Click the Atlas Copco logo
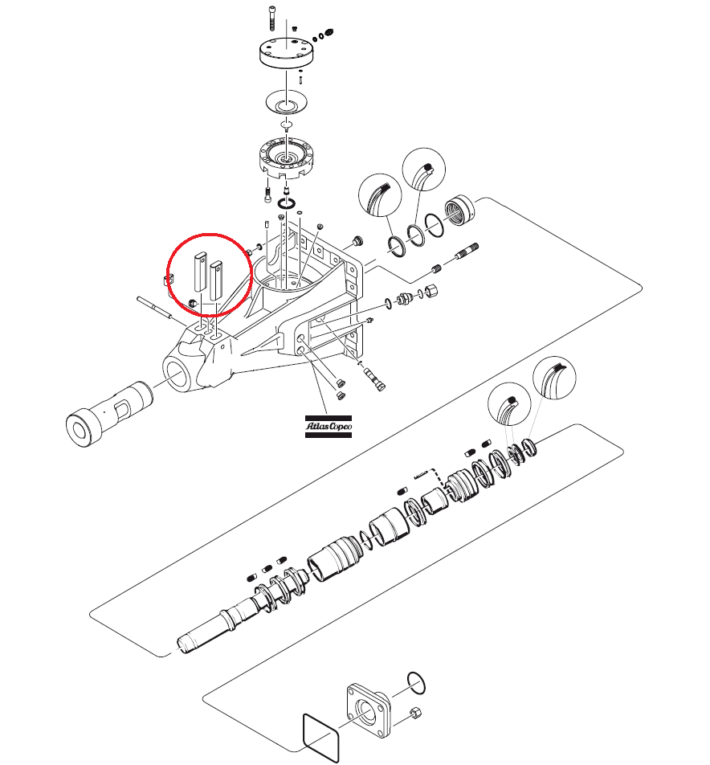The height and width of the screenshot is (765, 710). (x=328, y=427)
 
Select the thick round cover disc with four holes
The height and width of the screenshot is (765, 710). (x=286, y=52)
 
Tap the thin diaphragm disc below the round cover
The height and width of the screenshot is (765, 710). (x=287, y=103)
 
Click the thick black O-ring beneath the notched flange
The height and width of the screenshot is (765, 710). (x=286, y=203)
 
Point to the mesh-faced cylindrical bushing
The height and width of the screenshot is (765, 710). (x=460, y=210)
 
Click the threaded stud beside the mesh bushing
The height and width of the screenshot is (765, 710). (x=467, y=251)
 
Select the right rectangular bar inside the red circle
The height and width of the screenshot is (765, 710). (x=215, y=281)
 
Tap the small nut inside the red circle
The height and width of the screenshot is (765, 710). (x=193, y=302)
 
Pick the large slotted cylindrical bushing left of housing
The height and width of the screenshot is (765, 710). (x=109, y=415)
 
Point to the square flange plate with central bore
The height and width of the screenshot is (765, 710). (x=368, y=710)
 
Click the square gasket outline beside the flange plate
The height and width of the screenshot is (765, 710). (x=321, y=738)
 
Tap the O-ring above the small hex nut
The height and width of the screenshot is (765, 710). (x=415, y=682)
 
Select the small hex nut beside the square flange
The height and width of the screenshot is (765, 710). (x=415, y=714)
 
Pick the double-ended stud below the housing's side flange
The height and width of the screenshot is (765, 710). (x=375, y=378)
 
